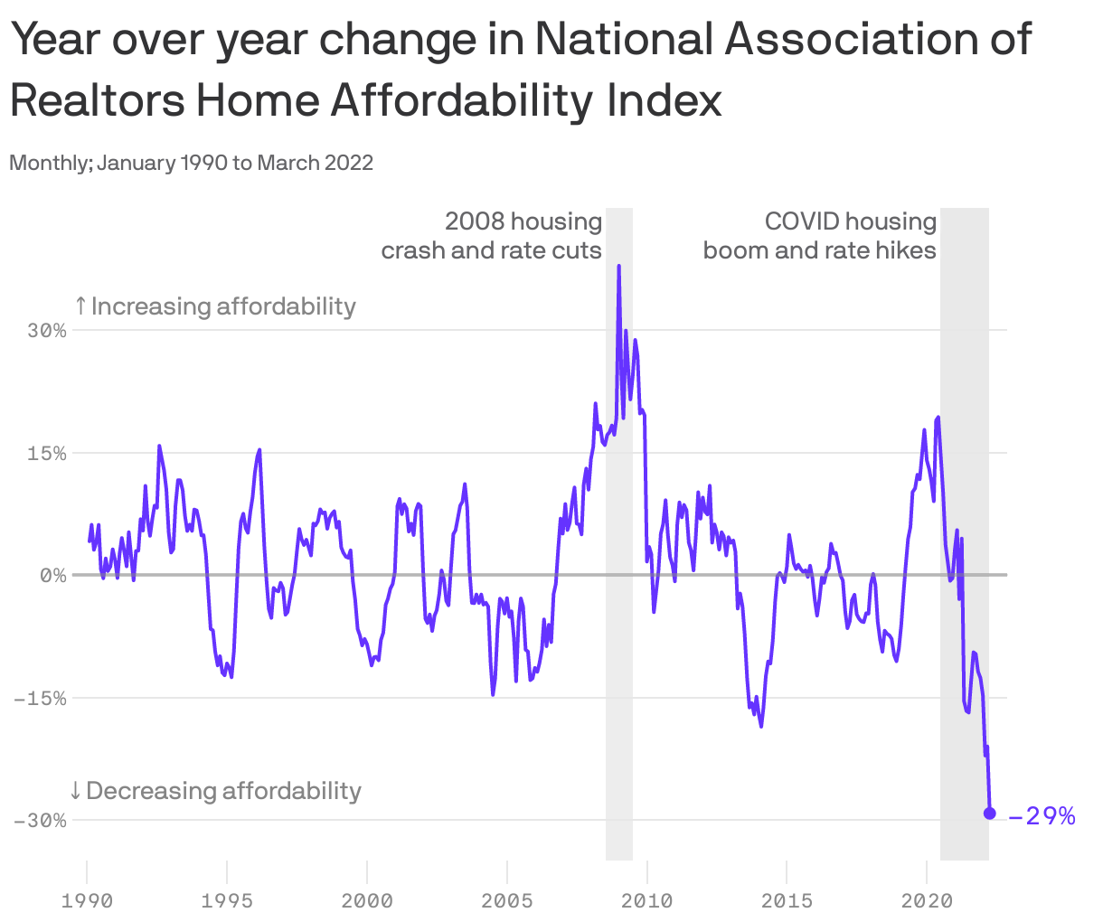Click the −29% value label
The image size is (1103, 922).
coord(1042,816)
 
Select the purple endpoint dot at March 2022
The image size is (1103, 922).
coord(989,814)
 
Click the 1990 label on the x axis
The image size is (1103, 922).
coord(87,900)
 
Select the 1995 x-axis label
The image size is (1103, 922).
coord(227,900)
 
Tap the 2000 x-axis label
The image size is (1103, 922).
coord(367,900)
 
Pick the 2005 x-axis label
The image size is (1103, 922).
coord(507,900)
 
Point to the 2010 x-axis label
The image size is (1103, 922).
coord(646,900)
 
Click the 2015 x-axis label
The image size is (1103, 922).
coord(787,900)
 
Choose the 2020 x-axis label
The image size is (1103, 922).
coord(927,900)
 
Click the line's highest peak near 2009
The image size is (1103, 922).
coord(618,267)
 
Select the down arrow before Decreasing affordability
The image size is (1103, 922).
coord(76,791)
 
